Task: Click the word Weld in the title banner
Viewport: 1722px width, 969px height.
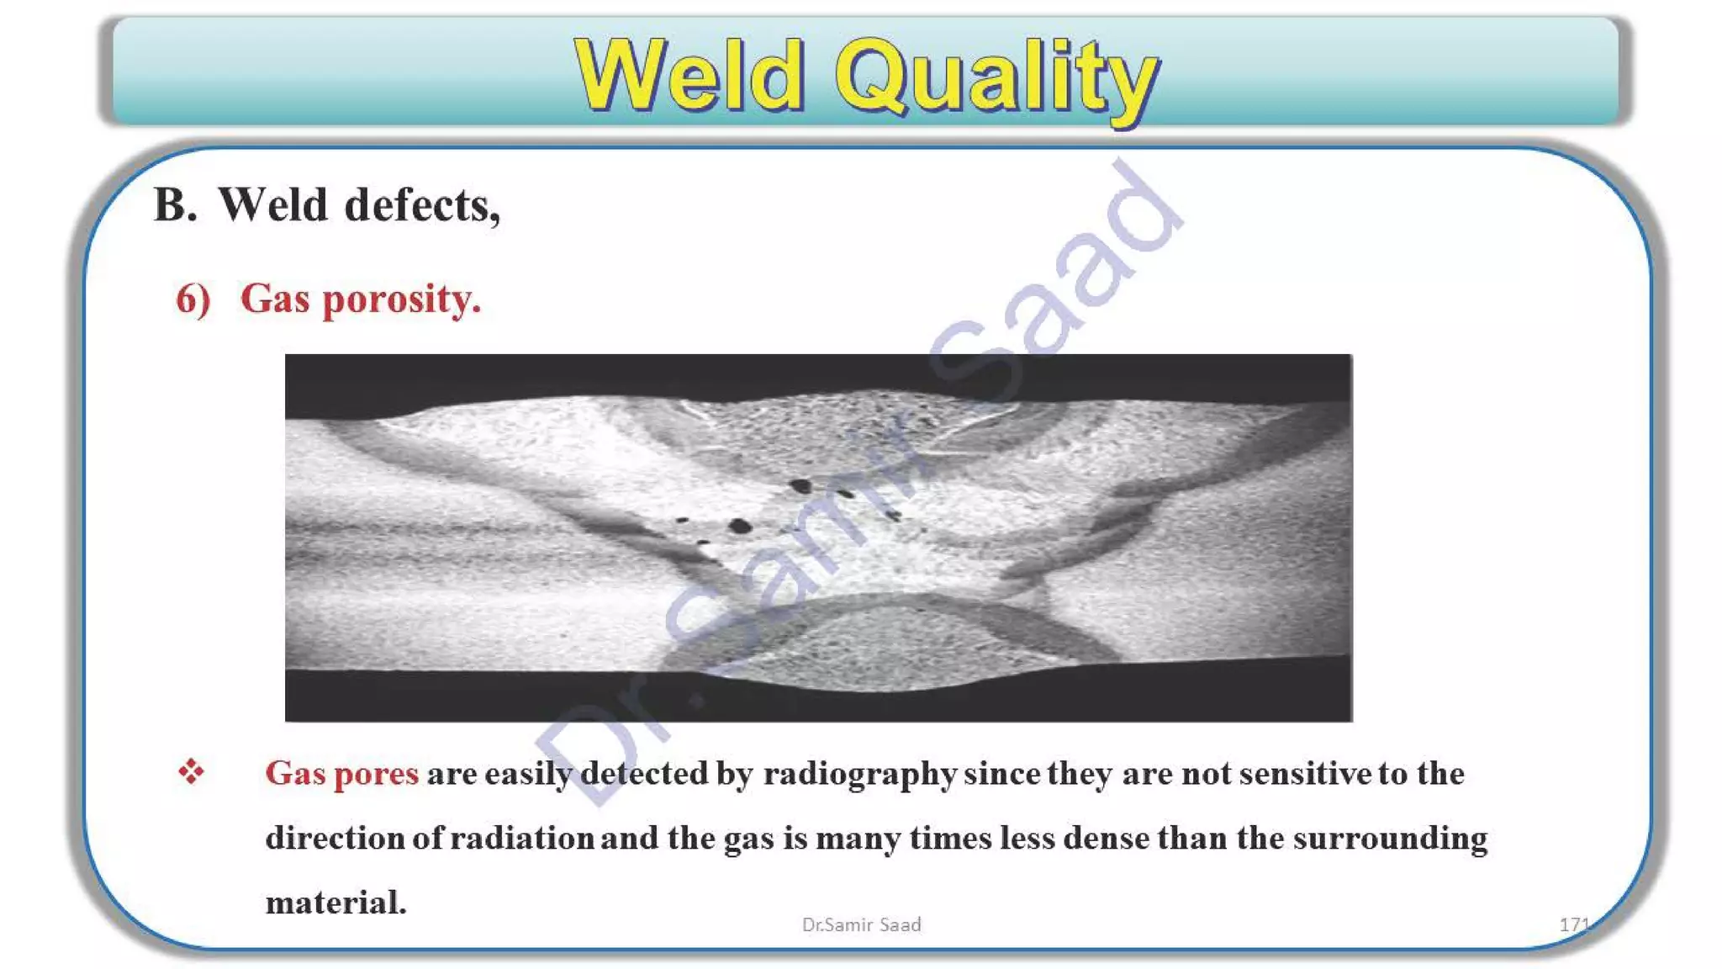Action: (689, 77)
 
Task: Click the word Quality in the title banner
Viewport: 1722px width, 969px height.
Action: (996, 77)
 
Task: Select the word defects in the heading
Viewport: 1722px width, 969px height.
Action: (422, 205)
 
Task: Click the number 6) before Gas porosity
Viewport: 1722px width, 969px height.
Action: (193, 299)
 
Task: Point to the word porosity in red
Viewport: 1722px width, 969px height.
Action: (401, 299)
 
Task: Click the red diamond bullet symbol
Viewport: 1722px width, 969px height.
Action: (191, 771)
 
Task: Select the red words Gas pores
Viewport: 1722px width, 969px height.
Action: (341, 773)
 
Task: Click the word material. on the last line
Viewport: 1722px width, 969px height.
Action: (335, 903)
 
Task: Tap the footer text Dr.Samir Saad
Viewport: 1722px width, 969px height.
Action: (861, 924)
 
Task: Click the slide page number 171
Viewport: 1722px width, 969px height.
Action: (1573, 924)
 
